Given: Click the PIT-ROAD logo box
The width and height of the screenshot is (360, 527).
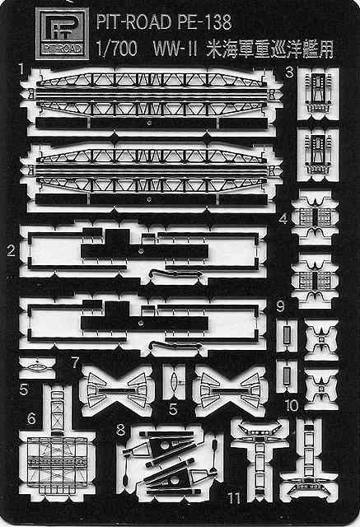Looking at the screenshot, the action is coord(62,33).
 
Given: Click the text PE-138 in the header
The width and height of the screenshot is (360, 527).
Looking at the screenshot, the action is coord(203,22).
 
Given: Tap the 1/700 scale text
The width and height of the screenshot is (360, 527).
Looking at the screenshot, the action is coord(117,49).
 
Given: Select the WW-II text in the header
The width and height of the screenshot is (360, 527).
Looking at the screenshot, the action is coord(175,49).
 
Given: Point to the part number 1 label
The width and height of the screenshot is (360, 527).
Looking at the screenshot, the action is coord(22,69).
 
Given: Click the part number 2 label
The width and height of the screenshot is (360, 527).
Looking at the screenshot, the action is coord(12,250).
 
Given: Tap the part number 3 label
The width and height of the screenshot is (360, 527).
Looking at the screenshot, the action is coord(289,72).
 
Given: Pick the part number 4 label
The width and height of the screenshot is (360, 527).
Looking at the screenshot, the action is coord(283,219).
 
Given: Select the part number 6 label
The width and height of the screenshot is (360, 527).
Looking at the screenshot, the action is coord(31,418).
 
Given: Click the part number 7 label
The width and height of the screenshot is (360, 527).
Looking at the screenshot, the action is coord(75,362).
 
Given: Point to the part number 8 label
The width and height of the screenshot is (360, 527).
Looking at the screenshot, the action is coord(120,430).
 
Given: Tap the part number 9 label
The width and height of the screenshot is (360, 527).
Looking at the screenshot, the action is coord(280,306).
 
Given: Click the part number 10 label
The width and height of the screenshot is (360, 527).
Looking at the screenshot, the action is coord(292,405).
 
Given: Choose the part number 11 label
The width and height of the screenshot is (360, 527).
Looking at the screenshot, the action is coord(234,497).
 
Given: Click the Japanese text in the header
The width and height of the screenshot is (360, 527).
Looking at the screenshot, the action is coord(270,49).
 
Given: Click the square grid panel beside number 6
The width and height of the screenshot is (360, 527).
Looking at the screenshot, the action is coord(58,464).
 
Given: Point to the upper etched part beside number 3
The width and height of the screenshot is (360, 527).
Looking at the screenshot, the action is coord(318,93).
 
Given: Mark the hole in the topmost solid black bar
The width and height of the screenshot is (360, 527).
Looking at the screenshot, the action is coord(149,123).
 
